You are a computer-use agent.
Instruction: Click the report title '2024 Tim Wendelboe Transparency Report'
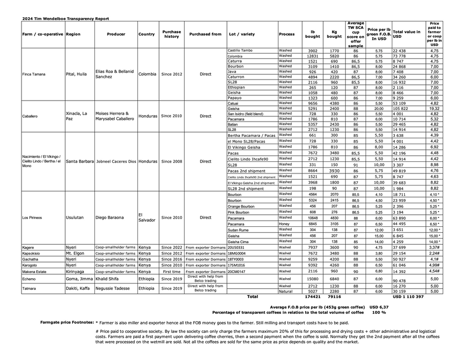[66, 18]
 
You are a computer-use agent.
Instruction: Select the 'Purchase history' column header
[171, 34]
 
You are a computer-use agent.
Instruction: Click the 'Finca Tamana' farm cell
[34, 74]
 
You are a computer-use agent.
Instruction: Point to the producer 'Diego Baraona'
[110, 217]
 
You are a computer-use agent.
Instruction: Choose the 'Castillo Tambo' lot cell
[240, 50]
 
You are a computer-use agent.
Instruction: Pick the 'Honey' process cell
[285, 224]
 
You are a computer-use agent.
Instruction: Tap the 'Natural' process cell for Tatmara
[286, 291]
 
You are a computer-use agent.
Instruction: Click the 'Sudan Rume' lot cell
[239, 230]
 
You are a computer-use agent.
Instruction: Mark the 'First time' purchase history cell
[171, 272]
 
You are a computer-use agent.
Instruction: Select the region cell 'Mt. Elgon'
[76, 253]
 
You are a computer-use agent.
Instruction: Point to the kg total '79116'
[334, 297]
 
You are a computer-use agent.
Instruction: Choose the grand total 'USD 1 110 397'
[409, 297]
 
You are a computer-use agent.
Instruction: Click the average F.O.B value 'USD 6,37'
[379, 307]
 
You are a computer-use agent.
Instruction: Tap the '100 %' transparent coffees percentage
[379, 312]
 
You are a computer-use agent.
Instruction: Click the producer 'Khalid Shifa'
[107, 279]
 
